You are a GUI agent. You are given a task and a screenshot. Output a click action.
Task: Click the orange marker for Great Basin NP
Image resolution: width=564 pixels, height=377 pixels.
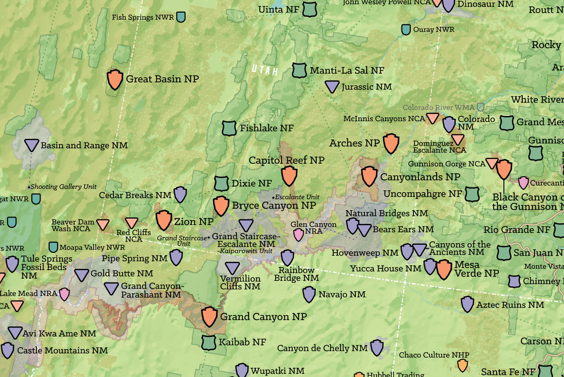[x=115, y=79]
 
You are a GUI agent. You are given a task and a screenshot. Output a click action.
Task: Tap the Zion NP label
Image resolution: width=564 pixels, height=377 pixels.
[x=194, y=221]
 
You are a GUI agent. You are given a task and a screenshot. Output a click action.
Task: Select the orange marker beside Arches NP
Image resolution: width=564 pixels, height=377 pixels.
[x=391, y=143]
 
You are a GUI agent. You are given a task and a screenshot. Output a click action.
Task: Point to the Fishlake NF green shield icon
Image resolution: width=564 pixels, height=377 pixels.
[x=229, y=128]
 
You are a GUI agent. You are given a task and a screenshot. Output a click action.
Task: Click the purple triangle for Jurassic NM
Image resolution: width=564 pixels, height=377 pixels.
[x=332, y=86]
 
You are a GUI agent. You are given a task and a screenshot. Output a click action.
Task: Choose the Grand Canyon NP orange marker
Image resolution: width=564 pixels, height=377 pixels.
[x=209, y=316]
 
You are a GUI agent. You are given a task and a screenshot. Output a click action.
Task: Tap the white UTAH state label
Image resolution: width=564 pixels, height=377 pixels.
[x=265, y=70]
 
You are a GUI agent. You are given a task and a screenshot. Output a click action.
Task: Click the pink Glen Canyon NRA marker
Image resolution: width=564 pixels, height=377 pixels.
[x=299, y=235]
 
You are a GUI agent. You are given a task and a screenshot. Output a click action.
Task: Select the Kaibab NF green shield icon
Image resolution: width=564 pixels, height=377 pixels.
[x=209, y=342]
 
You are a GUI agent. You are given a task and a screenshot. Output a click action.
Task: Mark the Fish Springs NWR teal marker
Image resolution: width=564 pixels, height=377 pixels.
[x=181, y=17]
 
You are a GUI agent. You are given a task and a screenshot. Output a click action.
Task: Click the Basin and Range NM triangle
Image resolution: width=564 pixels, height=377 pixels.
[x=31, y=145]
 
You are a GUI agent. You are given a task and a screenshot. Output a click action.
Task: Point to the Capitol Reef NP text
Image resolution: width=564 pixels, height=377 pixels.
[x=286, y=160]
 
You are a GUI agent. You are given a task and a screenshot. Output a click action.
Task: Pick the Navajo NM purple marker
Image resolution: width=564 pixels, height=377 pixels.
[x=309, y=294]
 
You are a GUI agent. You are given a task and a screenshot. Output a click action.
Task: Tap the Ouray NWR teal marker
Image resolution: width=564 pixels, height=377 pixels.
[x=406, y=29]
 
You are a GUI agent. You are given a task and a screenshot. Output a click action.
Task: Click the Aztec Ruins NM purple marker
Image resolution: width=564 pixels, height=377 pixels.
[x=467, y=304]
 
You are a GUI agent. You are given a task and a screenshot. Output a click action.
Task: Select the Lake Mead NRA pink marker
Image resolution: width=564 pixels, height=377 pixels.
[x=64, y=294]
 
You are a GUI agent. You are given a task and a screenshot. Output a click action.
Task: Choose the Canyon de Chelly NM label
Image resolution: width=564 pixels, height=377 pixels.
[x=322, y=348]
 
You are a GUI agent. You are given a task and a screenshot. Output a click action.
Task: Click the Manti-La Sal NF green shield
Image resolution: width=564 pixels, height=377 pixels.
[x=299, y=71]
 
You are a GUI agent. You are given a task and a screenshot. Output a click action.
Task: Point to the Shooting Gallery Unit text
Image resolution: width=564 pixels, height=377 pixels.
[x=63, y=187]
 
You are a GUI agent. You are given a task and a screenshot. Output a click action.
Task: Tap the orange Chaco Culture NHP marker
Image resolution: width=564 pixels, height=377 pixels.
[x=462, y=365]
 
